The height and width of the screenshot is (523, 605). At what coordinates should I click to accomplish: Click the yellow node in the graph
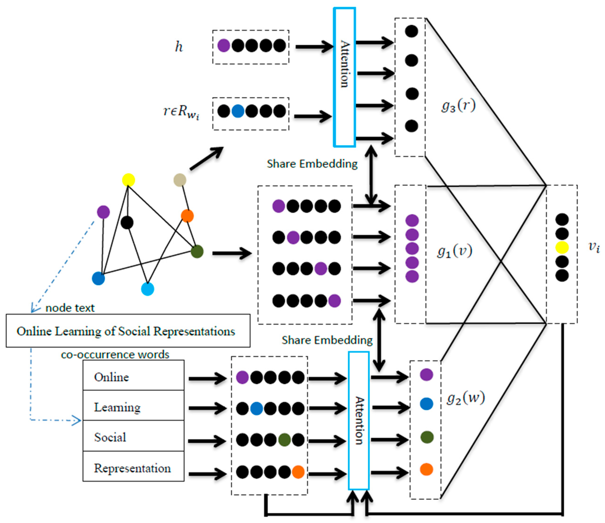(x=128, y=180)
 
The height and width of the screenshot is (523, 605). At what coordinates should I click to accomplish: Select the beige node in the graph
(x=180, y=180)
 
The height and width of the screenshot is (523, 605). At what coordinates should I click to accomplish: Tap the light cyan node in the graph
(x=147, y=289)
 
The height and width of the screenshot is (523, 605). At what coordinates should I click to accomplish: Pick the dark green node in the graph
(x=197, y=251)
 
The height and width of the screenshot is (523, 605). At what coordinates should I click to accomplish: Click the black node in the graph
(x=127, y=223)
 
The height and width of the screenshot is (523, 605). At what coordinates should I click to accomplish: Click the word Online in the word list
(x=111, y=377)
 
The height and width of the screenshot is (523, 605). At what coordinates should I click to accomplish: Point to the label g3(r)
(x=458, y=106)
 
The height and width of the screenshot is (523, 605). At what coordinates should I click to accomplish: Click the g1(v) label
(x=454, y=251)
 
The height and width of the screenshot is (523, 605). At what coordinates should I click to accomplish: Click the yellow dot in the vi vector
(x=562, y=248)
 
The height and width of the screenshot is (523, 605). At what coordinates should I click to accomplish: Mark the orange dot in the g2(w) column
(x=426, y=469)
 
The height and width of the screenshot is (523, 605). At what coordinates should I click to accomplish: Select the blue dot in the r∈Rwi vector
(x=238, y=111)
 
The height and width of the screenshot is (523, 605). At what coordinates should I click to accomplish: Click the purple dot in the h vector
(x=224, y=46)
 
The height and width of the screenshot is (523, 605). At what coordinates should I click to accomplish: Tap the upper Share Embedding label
(x=312, y=164)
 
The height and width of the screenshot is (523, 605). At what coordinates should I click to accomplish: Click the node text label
(x=70, y=308)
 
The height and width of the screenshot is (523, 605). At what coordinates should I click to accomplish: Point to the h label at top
(x=179, y=47)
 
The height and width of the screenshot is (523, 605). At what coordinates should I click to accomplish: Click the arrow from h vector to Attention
(x=314, y=47)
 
